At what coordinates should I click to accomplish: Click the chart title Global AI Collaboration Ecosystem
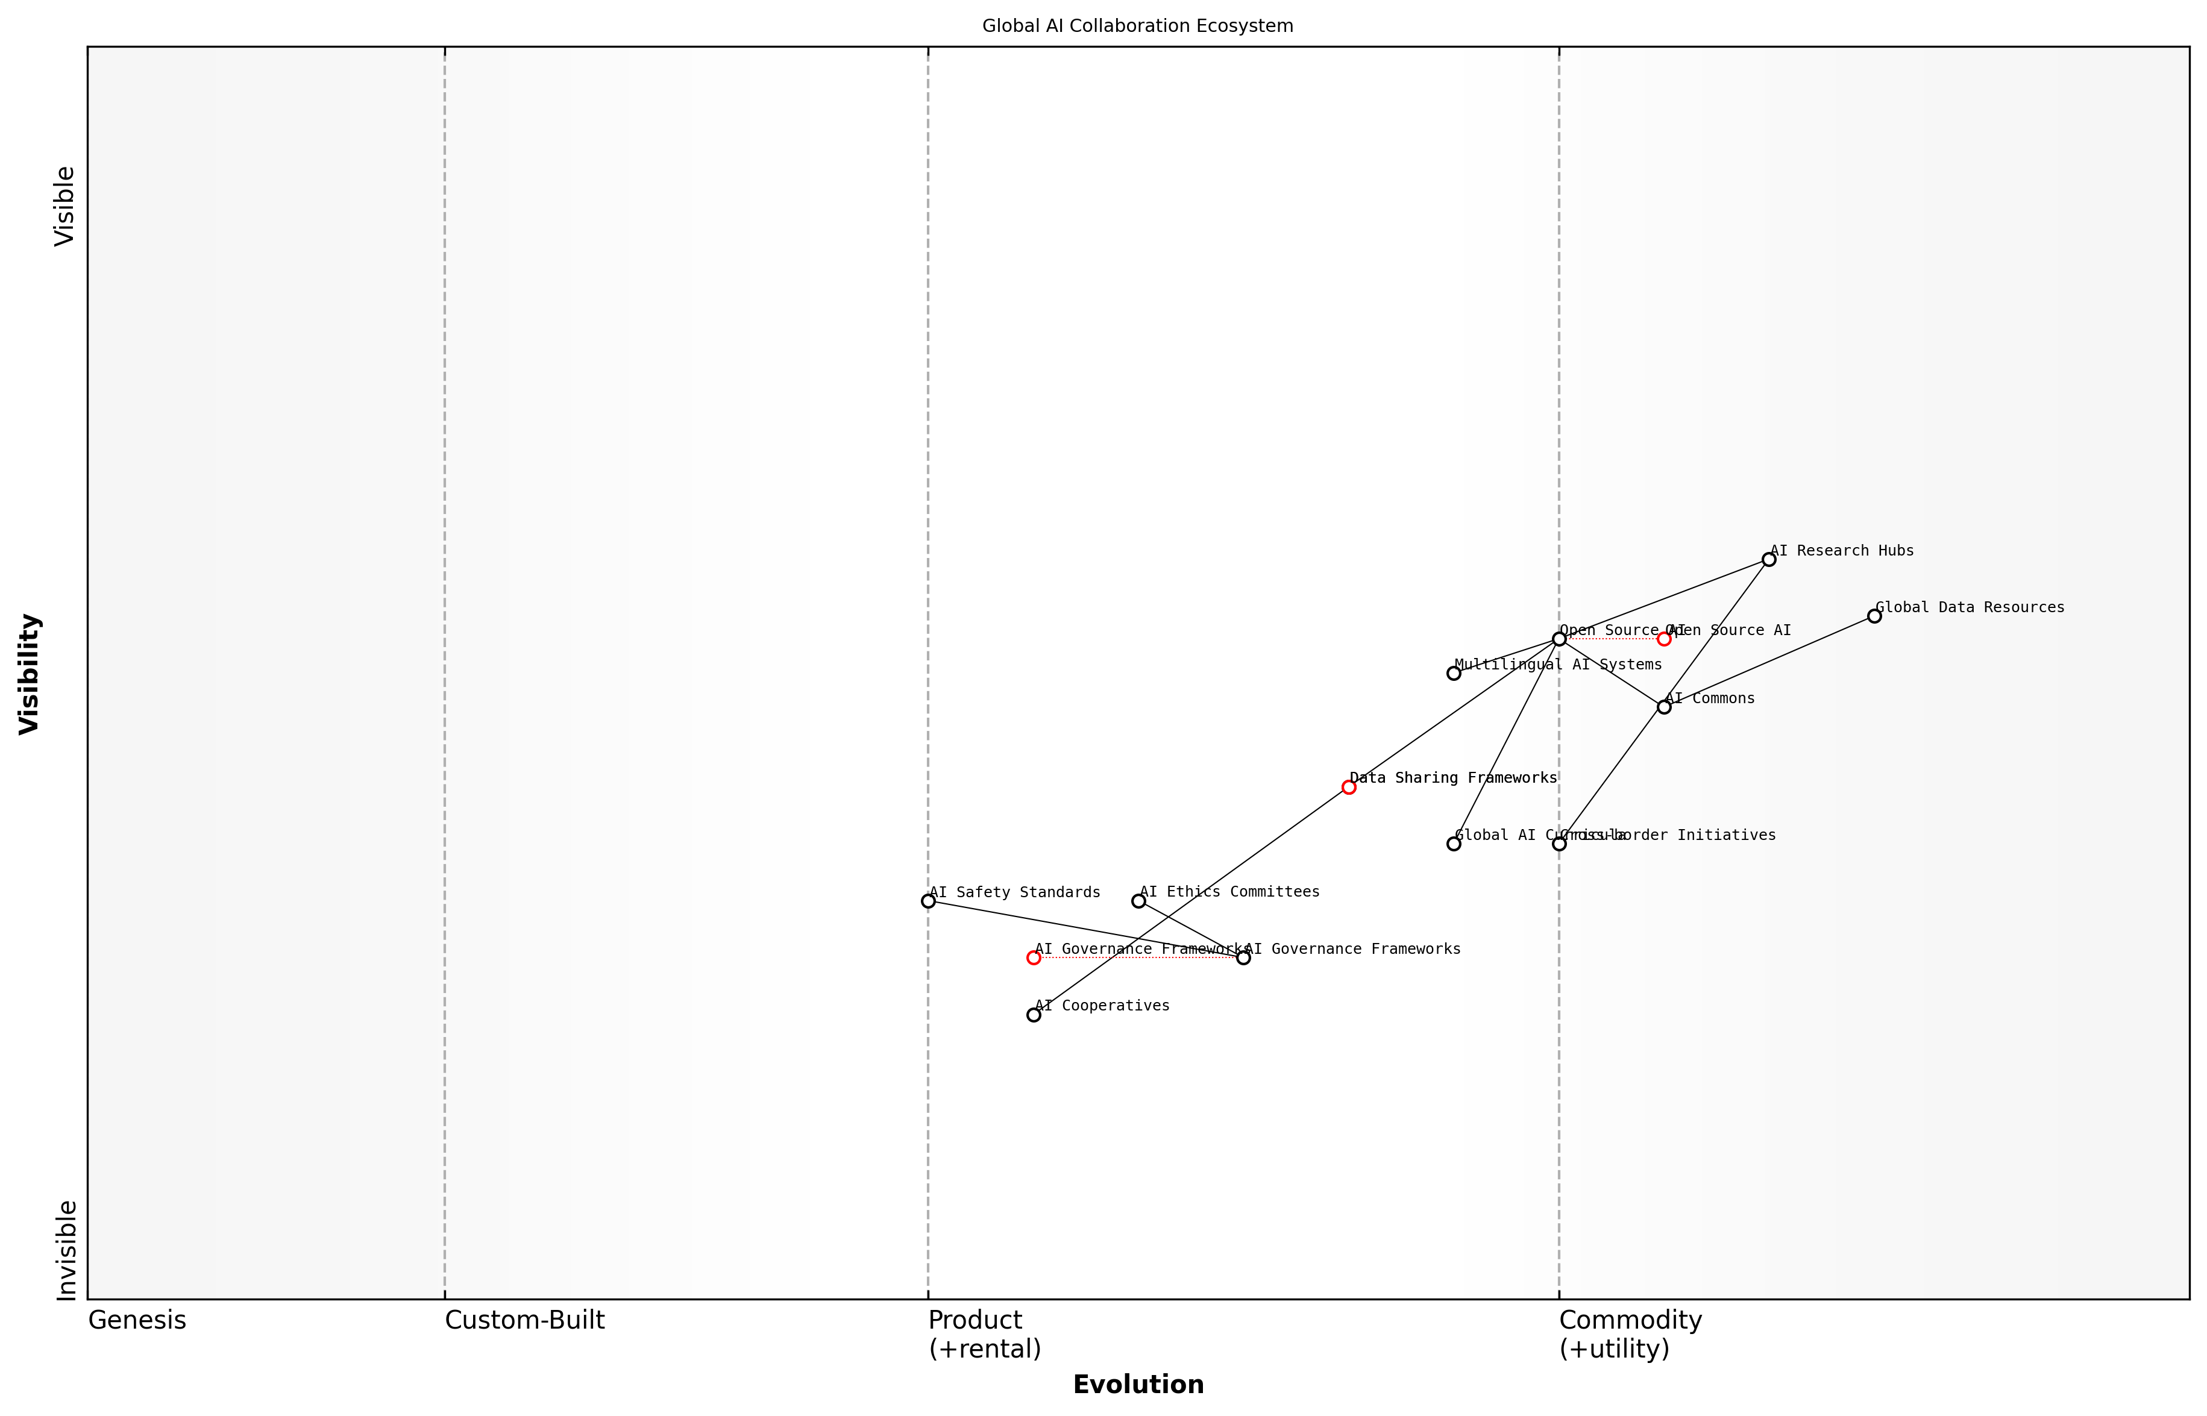click(x=1137, y=26)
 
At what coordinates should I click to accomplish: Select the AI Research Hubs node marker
click(x=1768, y=559)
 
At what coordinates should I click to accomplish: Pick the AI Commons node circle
click(x=1663, y=707)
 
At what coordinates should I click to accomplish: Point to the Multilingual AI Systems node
click(x=1454, y=673)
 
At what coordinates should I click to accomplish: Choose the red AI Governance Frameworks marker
click(x=1034, y=958)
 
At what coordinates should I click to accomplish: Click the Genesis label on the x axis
click(x=137, y=1320)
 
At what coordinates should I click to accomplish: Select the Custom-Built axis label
click(x=524, y=1320)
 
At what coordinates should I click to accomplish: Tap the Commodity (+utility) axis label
click(x=1630, y=1334)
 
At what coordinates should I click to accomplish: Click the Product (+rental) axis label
click(x=984, y=1334)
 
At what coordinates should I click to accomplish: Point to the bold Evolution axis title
click(x=1137, y=1385)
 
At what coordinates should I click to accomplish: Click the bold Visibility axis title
click(x=30, y=673)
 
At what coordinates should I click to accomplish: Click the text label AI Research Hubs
click(x=1841, y=551)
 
